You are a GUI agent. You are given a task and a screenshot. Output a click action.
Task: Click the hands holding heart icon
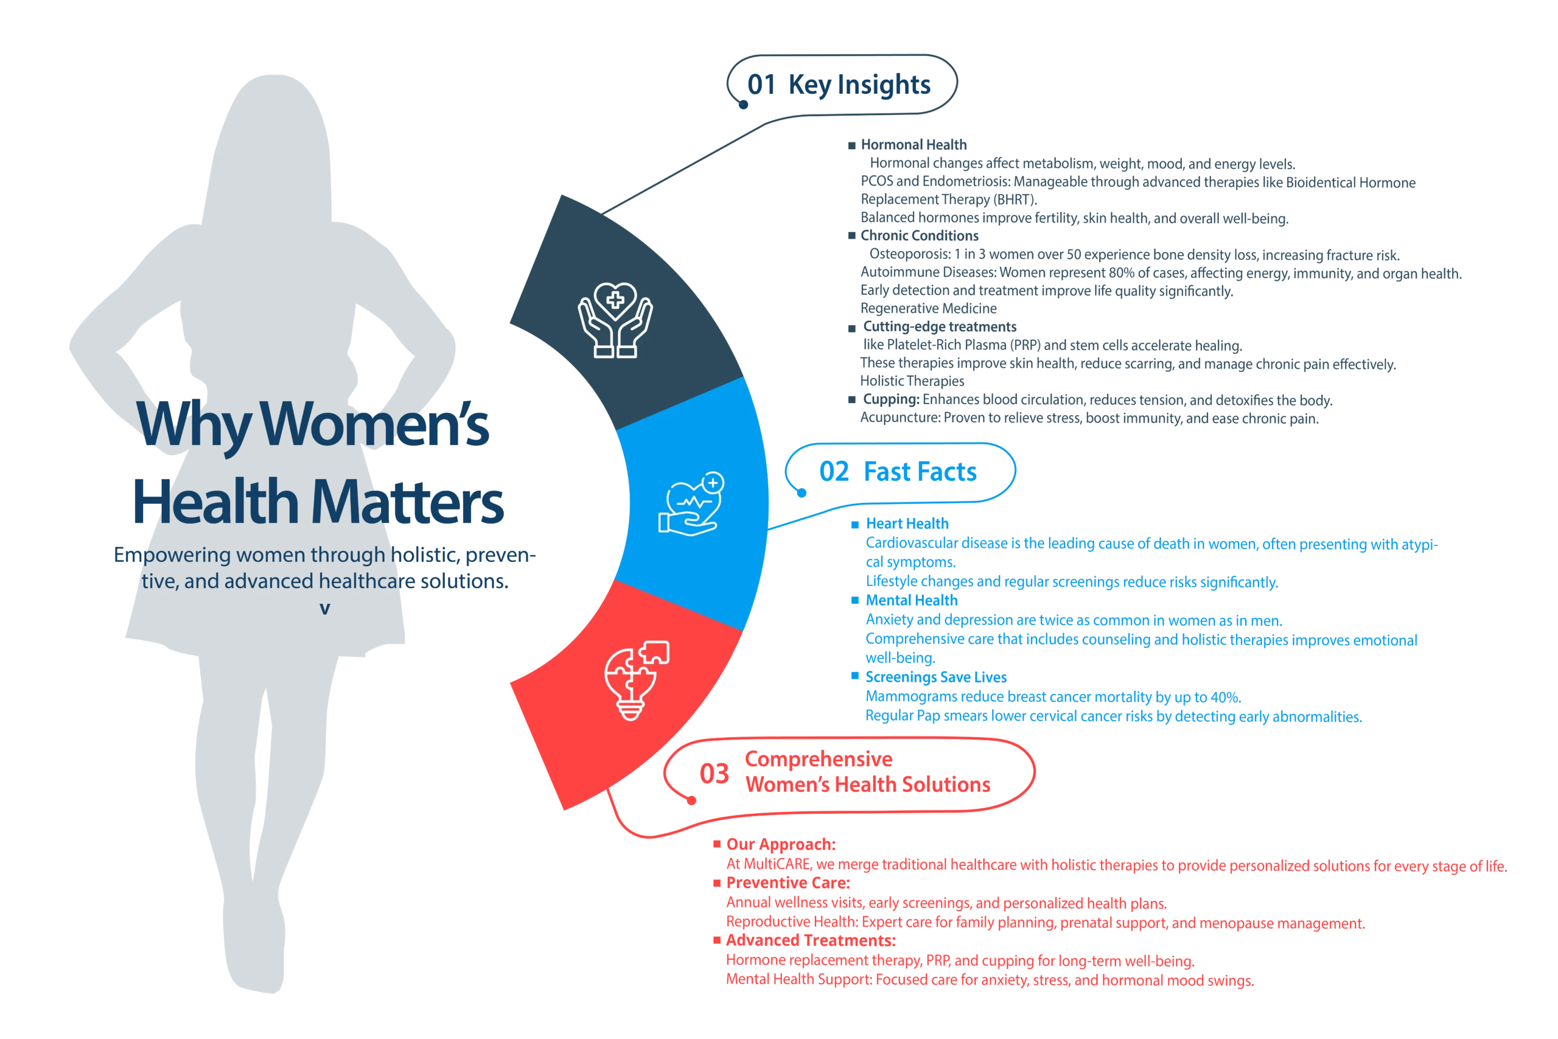pyautogui.click(x=615, y=319)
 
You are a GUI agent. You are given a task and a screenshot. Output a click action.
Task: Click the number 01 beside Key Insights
pyautogui.click(x=761, y=85)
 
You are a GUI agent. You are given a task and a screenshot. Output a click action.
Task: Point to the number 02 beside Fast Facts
pyautogui.click(x=834, y=471)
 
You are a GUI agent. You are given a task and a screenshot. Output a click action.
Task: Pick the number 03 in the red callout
pyautogui.click(x=714, y=772)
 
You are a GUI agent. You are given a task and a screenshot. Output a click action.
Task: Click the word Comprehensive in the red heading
pyautogui.click(x=819, y=760)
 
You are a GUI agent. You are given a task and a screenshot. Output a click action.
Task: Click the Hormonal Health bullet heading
pyautogui.click(x=914, y=144)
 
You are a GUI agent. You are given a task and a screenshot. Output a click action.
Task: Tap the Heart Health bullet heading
pyautogui.click(x=907, y=524)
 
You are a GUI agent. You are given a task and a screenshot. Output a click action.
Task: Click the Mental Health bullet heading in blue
pyautogui.click(x=912, y=600)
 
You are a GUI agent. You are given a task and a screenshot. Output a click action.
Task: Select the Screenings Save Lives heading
pyautogui.click(x=936, y=677)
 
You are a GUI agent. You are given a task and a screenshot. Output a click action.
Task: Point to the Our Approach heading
pyautogui.click(x=780, y=844)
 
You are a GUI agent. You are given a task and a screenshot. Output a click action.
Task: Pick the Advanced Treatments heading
pyautogui.click(x=809, y=940)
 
